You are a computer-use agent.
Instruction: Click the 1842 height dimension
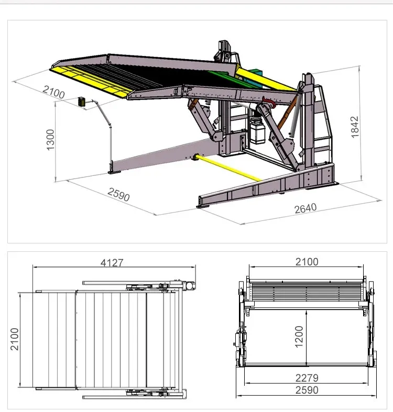tap(355, 126)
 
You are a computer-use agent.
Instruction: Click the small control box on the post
tap(82, 102)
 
